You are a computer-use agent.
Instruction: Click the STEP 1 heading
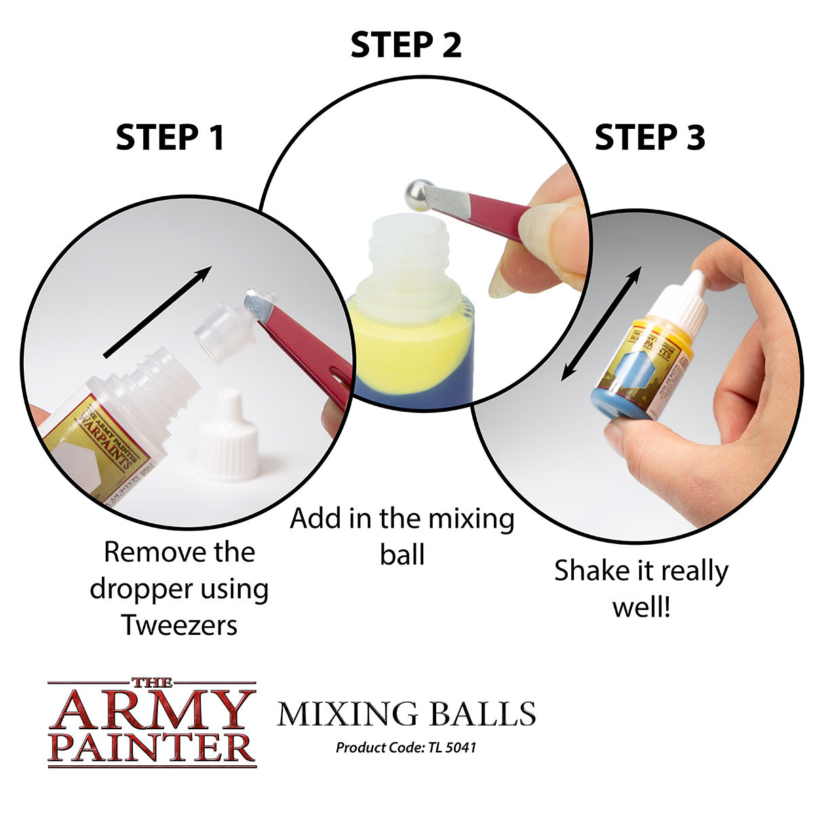(x=170, y=138)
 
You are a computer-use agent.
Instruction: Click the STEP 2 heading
(x=406, y=45)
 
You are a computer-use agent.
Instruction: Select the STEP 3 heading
(x=649, y=138)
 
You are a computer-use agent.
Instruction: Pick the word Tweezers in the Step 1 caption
(x=179, y=625)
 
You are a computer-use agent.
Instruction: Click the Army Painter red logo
(x=152, y=722)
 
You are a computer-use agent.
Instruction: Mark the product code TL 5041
(x=406, y=748)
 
